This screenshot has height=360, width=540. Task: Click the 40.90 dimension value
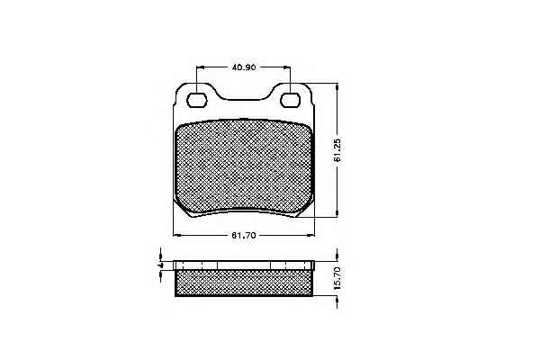point(244,67)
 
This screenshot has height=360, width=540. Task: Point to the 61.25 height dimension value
point(337,150)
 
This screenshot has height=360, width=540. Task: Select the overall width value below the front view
point(244,236)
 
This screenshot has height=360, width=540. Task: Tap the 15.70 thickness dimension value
point(337,278)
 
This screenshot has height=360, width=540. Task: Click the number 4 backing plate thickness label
point(159,265)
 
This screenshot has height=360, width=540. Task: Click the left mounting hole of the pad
point(197,100)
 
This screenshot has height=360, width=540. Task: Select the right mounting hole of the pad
point(290,100)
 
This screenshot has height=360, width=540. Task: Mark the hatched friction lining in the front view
point(244,167)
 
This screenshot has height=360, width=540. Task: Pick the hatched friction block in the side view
point(244,283)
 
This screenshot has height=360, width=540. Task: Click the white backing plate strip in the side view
point(244,265)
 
